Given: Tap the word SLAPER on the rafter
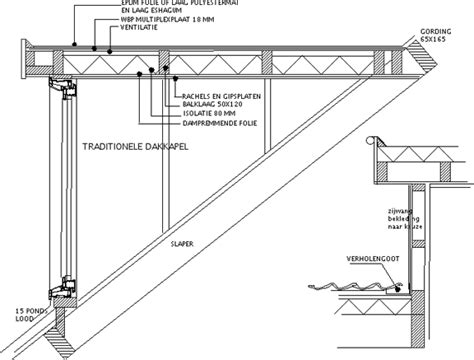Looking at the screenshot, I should [181, 242].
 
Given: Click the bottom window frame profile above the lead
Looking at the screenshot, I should [65, 289].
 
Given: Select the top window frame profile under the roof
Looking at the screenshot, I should [65, 78].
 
